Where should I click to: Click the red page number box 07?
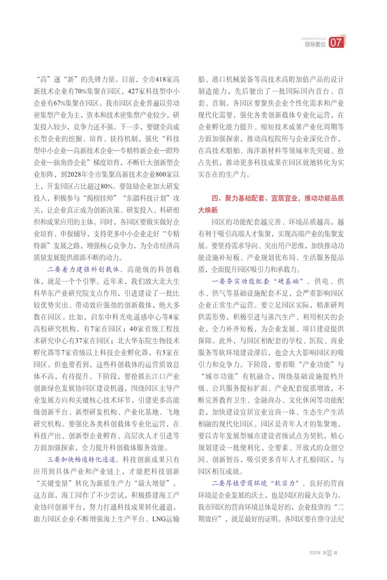[x=336, y=43]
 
